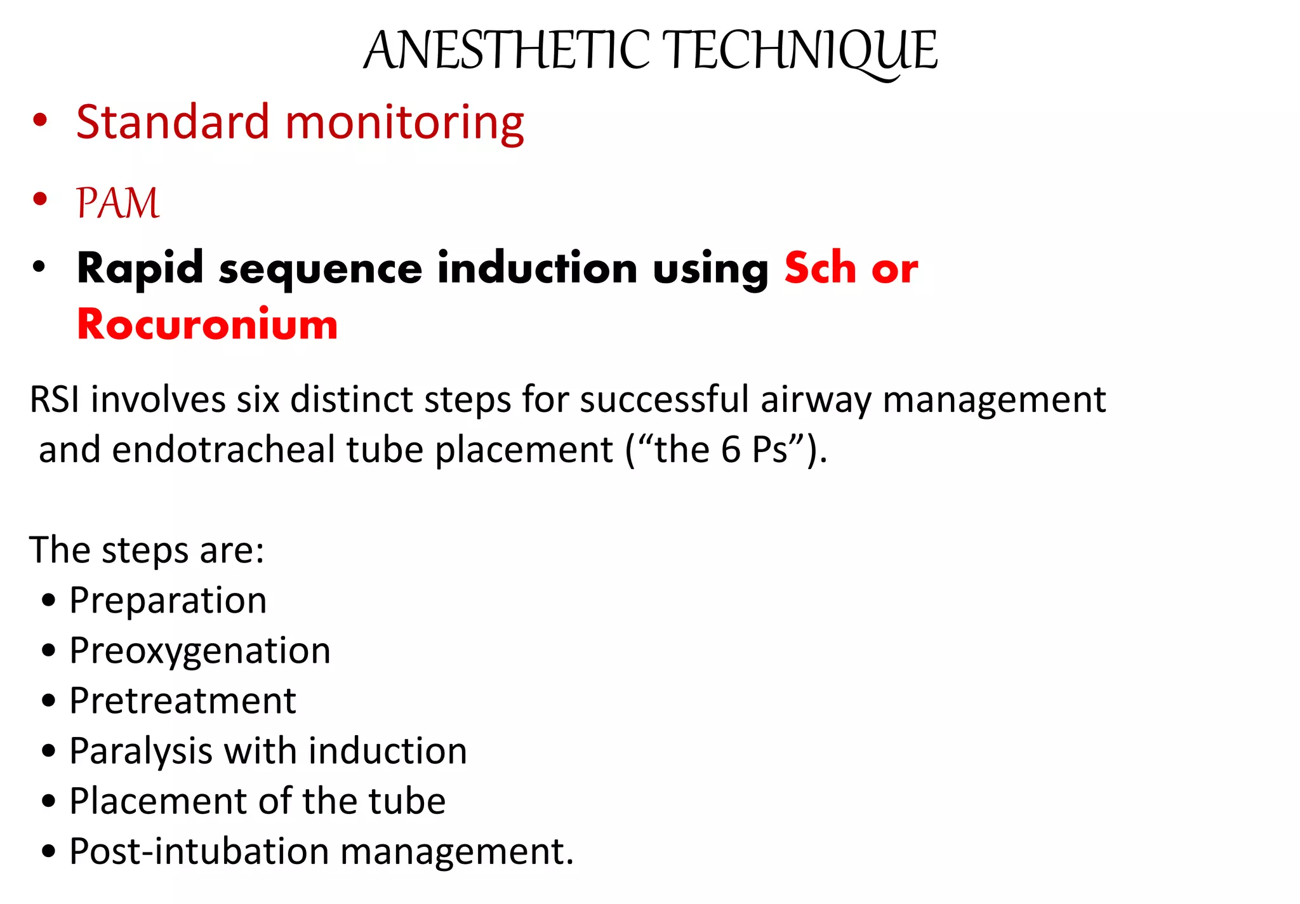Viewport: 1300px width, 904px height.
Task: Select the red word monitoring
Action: (404, 123)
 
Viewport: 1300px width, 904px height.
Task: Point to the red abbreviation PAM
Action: (117, 203)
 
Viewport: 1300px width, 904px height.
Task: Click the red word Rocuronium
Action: (207, 324)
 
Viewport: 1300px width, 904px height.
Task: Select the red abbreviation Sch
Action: (820, 268)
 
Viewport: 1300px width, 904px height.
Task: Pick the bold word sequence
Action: (321, 269)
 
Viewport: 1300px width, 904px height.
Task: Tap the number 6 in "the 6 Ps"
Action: (731, 449)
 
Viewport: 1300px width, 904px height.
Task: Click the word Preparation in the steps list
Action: (168, 601)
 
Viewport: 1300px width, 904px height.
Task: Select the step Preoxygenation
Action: (200, 651)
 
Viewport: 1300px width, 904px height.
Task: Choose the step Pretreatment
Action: (183, 701)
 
